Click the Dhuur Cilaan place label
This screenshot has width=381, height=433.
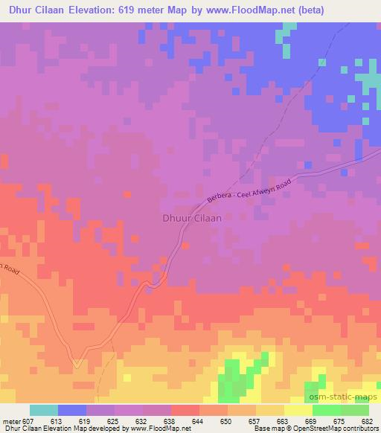click(x=190, y=219)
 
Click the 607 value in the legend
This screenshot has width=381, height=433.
click(x=30, y=420)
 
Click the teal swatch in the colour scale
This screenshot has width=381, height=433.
click(x=44, y=410)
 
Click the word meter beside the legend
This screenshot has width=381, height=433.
click(x=10, y=420)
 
